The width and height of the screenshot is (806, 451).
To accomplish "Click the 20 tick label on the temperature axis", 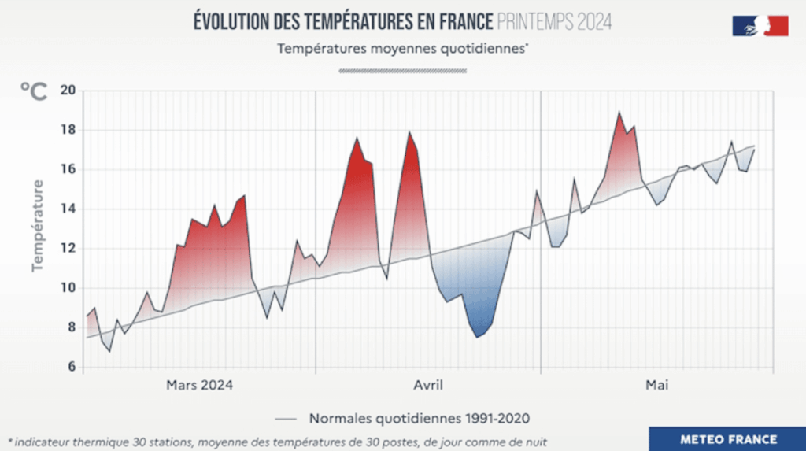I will pyautogui.click(x=67, y=91).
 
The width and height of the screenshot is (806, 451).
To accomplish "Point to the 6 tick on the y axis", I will pyautogui.click(x=70, y=367).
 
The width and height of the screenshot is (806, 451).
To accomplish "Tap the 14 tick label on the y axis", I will pyautogui.click(x=67, y=209).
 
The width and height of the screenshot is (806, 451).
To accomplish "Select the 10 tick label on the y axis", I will pyautogui.click(x=67, y=288).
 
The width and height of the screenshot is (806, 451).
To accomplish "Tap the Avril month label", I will pyautogui.click(x=428, y=385).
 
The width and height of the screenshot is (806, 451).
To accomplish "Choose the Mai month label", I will pyautogui.click(x=656, y=385).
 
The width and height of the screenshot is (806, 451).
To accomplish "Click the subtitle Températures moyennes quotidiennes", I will pyautogui.click(x=402, y=48).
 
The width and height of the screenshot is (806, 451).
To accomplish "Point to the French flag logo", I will pyautogui.click(x=760, y=25).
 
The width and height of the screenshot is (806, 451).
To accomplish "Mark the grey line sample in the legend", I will pyautogui.click(x=287, y=418).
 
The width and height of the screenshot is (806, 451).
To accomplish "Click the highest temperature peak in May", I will pyautogui.click(x=619, y=113).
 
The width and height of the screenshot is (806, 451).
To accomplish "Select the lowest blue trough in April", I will pyautogui.click(x=478, y=337).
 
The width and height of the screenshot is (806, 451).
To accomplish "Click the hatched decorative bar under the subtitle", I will pyautogui.click(x=402, y=70).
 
